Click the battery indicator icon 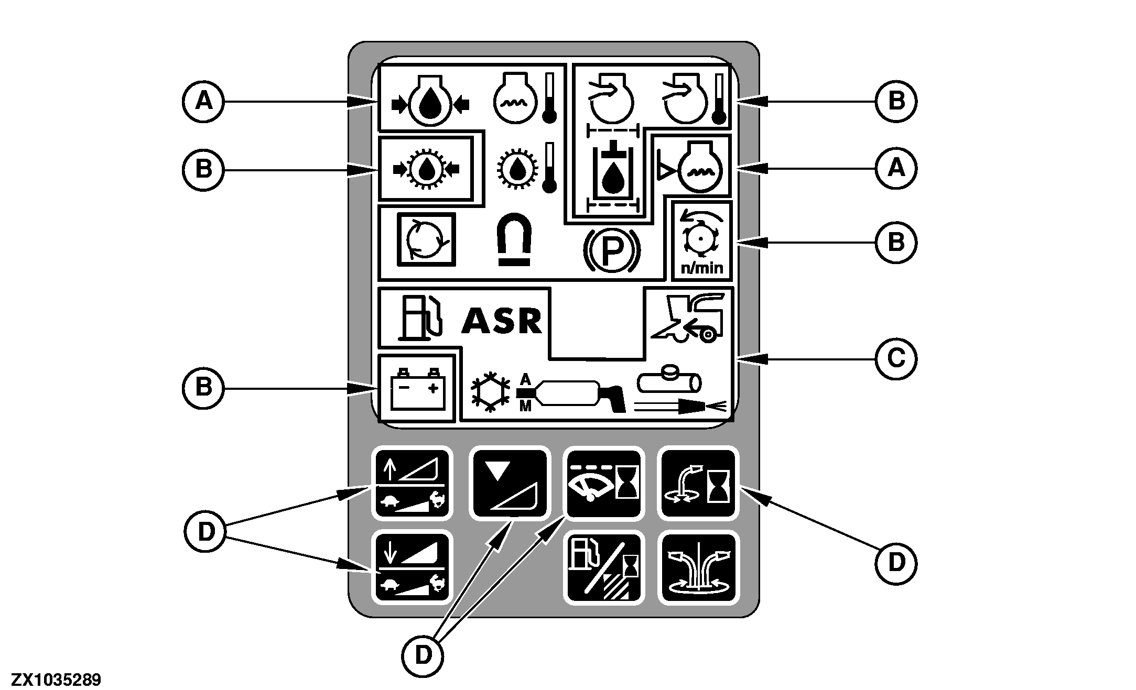coord(417,389)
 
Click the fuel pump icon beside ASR coord(421,319)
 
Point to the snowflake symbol coord(490,392)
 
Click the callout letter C coord(896,359)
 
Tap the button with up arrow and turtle coord(412,484)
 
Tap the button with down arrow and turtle coord(412,567)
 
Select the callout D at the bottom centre coord(423,654)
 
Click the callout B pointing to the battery coord(203,388)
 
